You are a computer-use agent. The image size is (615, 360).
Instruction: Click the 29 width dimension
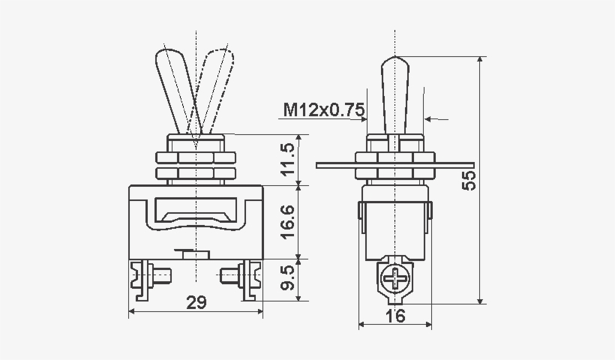pos(196,302)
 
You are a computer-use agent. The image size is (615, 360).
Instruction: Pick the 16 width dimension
pos(395,316)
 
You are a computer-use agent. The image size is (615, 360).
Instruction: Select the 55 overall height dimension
pos(469,180)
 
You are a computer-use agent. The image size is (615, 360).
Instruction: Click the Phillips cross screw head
pos(395,281)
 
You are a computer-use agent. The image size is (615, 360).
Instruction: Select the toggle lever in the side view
pos(395,94)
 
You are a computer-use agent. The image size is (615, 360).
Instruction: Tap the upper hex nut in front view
pos(195,158)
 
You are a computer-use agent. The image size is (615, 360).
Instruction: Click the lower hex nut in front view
pos(195,174)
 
